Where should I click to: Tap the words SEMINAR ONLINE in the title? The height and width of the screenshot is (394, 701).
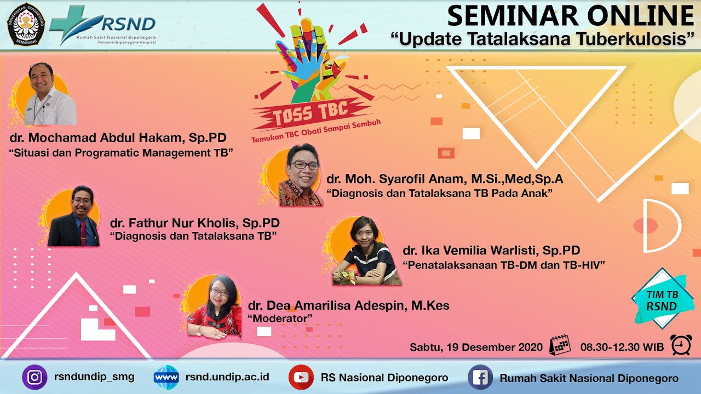click(570, 16)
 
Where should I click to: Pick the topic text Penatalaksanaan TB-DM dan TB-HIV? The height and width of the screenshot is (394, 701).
click(504, 265)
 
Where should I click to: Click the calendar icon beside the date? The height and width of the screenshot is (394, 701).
click(560, 345)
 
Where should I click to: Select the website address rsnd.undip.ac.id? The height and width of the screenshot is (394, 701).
click(227, 377)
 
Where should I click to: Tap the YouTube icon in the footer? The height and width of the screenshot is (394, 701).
click(301, 378)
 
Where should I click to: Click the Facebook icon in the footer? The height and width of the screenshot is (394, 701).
click(480, 378)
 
